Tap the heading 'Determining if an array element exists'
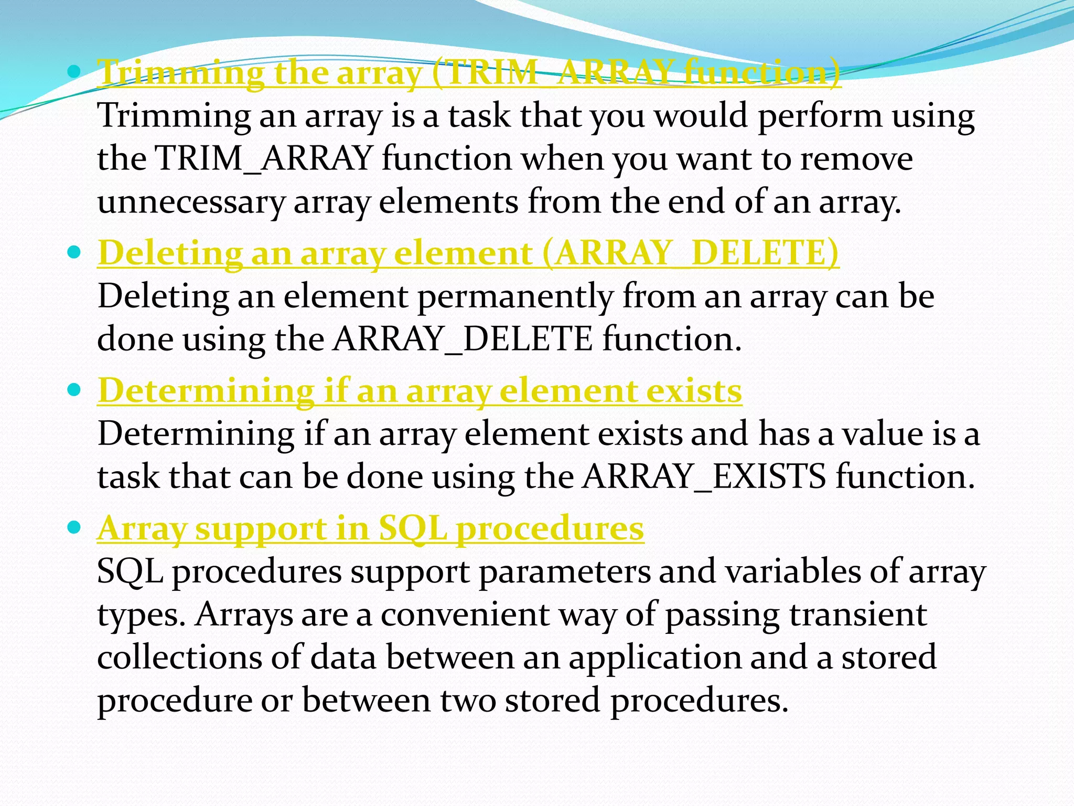click(420, 391)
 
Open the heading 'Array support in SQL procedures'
click(370, 528)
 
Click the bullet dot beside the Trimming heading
click(74, 70)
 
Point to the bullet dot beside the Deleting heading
click(74, 252)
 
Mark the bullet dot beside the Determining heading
click(74, 390)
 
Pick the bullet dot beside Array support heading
click(74, 527)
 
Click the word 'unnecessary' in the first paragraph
click(190, 202)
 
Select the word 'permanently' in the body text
click(514, 297)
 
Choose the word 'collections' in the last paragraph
click(179, 657)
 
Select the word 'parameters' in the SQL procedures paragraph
click(564, 572)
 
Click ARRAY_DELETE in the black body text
click(463, 340)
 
